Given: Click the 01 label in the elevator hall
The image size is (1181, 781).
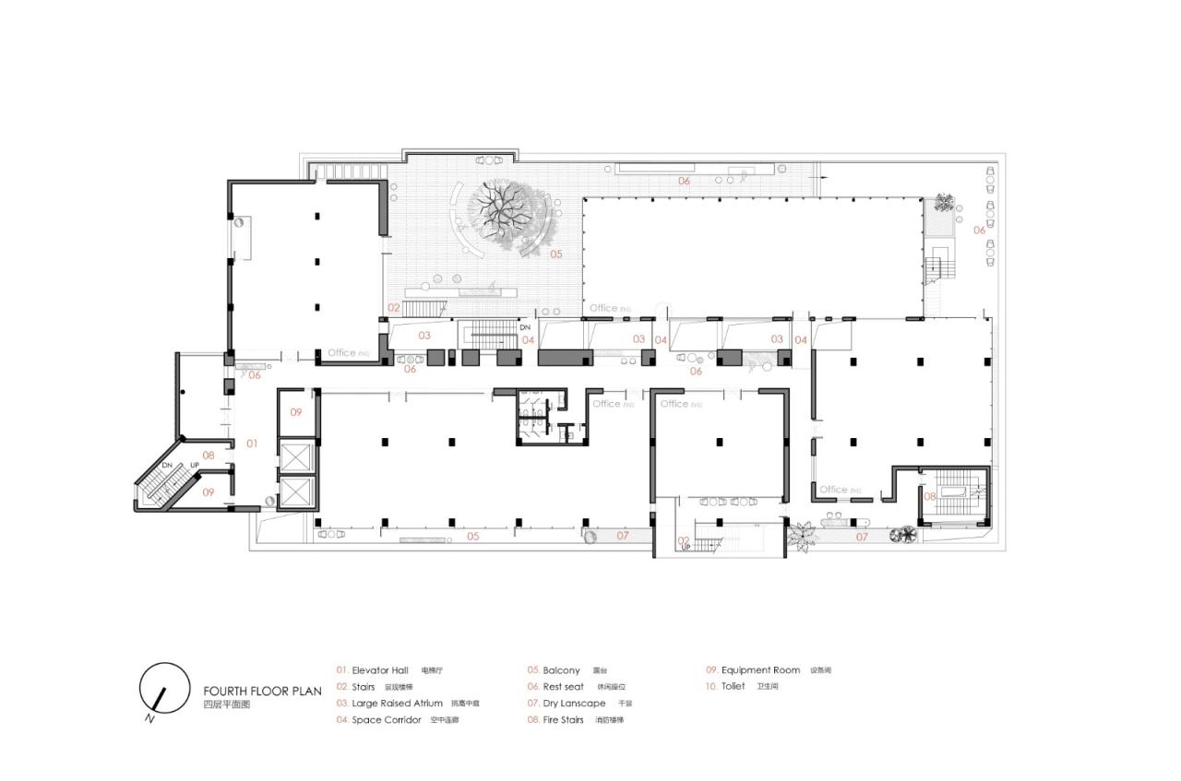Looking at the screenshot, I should click(x=251, y=444).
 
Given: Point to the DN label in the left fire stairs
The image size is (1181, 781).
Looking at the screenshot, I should click(x=167, y=466).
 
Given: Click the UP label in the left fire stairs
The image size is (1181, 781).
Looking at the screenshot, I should click(x=195, y=466).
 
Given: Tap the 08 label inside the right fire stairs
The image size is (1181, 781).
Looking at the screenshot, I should click(x=930, y=496).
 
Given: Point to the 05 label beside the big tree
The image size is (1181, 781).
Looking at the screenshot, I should click(x=556, y=253).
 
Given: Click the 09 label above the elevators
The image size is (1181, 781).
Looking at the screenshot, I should click(x=296, y=411).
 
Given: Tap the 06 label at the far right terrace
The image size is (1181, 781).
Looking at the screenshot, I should click(x=979, y=230).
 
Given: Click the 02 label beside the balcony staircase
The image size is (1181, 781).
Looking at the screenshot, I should click(x=394, y=307).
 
